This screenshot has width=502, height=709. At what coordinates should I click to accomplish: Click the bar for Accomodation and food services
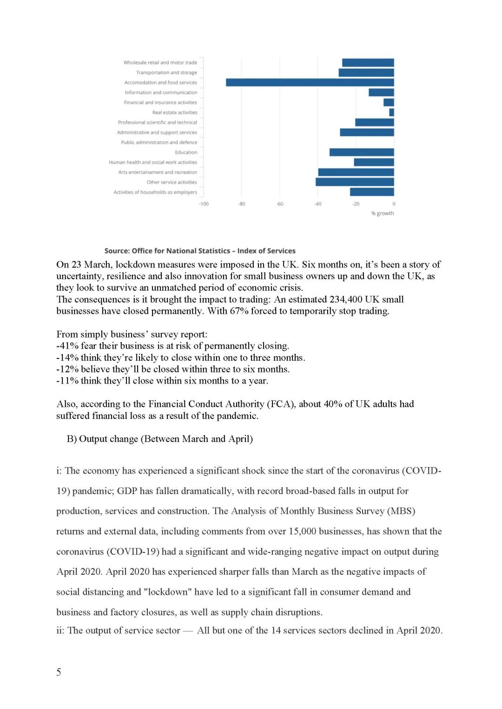[310, 82]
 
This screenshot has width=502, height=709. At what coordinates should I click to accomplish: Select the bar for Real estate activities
[391, 112]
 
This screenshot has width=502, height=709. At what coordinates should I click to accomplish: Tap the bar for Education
[362, 152]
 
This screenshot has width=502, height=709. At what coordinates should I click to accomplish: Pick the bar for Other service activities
[355, 182]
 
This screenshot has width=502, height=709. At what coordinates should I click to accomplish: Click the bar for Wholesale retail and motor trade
[368, 63]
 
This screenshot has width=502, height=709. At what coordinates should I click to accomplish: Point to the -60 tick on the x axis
[280, 204]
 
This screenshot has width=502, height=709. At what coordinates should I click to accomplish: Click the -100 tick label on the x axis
[204, 204]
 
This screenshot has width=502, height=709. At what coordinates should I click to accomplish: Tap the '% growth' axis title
[382, 214]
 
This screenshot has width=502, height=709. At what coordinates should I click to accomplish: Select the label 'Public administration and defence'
[159, 143]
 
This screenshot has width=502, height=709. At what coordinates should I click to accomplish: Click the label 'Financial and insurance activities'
[160, 103]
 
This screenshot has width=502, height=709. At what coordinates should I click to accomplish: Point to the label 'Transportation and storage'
[166, 72]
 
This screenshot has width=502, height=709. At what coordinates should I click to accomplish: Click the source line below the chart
[200, 251]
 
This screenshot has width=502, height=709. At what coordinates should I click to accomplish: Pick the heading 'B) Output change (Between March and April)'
[160, 439]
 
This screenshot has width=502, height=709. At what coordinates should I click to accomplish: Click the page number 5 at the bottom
[59, 672]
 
